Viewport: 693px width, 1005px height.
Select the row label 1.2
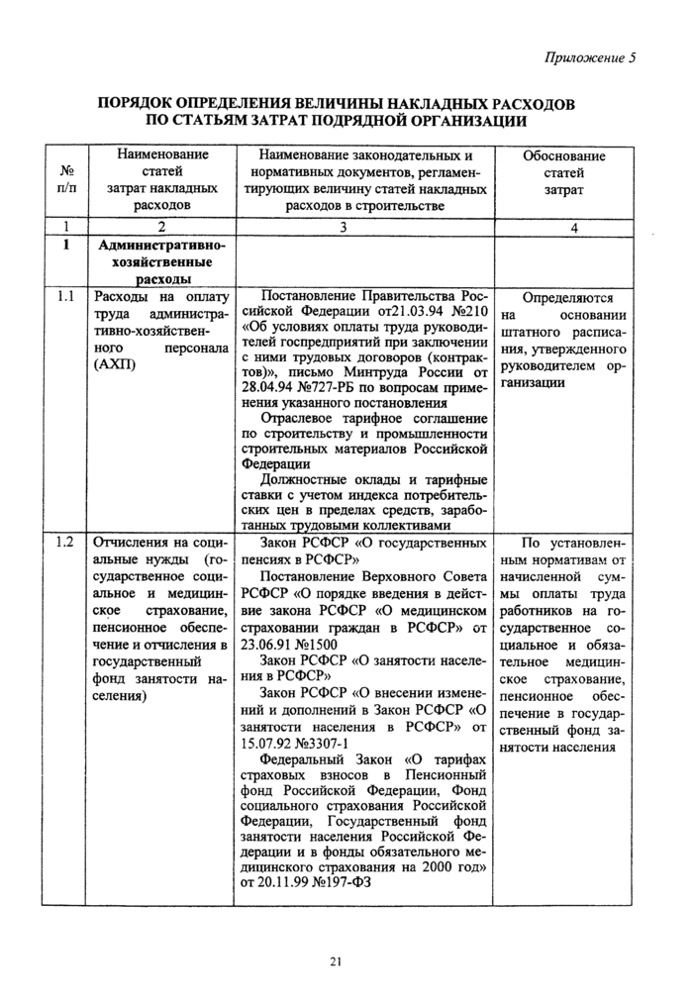pyautogui.click(x=65, y=543)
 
